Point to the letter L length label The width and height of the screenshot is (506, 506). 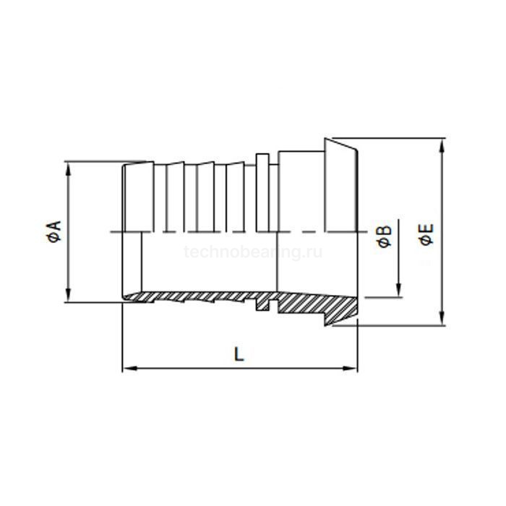coord(239,353)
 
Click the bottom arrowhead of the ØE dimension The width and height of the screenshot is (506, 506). coord(442,322)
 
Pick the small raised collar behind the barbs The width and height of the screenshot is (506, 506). coord(262,192)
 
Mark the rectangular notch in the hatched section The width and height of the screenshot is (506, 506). coord(263,306)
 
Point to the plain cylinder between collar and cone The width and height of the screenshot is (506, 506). coord(301,192)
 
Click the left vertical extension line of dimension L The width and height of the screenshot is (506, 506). coord(122,340)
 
